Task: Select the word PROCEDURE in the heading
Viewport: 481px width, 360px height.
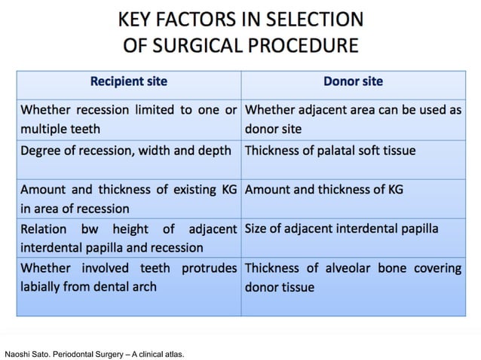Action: [x=309, y=45]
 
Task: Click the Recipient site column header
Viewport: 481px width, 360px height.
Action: [x=129, y=81]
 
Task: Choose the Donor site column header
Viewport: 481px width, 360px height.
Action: [x=351, y=81]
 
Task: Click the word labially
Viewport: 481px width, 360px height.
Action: [x=44, y=286]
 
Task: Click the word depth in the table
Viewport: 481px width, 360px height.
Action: [x=214, y=150]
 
